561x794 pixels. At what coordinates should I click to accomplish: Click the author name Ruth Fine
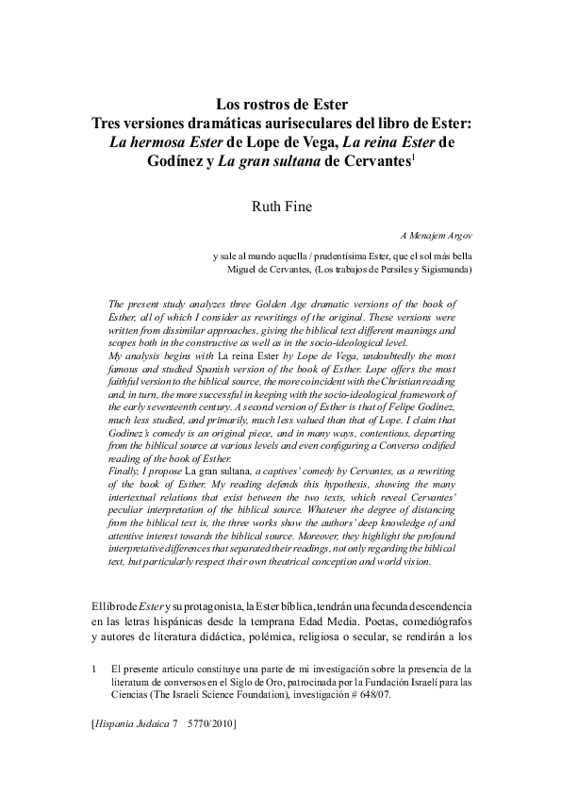(x=280, y=206)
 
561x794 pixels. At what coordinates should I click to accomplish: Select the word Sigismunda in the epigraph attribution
(x=445, y=270)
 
